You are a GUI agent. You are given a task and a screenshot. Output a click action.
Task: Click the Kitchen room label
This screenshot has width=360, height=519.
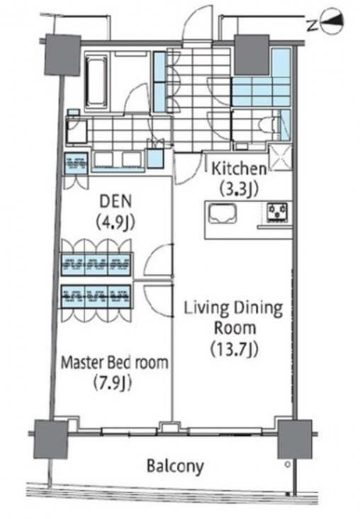click(x=239, y=169)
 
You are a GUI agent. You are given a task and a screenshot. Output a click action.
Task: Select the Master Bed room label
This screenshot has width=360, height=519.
click(x=114, y=363)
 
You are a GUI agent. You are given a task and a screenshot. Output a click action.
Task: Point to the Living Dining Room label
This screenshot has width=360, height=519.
click(x=234, y=318)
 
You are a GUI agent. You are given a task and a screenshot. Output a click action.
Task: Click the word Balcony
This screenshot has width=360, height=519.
click(x=175, y=467)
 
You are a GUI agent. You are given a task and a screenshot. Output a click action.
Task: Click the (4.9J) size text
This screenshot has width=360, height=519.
click(x=116, y=222)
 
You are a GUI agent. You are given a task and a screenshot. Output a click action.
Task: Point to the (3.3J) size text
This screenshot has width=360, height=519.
click(x=239, y=190)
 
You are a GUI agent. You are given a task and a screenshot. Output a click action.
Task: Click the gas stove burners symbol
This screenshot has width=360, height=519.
click(x=278, y=212)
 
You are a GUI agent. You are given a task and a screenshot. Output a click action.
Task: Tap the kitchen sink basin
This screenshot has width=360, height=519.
click(x=223, y=214)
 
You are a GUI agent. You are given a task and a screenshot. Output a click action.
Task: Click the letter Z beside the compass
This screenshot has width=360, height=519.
click(x=311, y=25)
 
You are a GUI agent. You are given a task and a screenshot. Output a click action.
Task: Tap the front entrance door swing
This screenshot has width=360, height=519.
click(x=198, y=24)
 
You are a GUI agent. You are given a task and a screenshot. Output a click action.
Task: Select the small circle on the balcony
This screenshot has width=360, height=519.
click(x=288, y=464)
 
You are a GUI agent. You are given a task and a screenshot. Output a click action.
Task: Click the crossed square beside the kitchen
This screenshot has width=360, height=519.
click(x=281, y=158)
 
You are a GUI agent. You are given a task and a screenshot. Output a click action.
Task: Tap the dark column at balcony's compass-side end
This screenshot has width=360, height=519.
click(x=295, y=439)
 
